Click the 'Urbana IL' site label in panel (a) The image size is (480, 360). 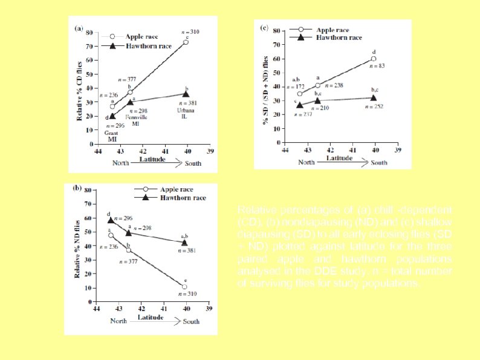[185, 113]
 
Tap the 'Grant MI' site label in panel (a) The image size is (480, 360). [112, 136]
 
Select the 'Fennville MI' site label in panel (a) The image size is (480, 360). [132, 120]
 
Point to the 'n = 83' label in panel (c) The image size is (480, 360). [374, 65]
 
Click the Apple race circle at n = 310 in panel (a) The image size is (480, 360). [186, 42]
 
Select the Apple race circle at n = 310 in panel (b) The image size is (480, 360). [184, 287]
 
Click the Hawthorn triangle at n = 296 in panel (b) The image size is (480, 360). [111, 221]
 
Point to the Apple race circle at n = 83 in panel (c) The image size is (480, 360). [374, 59]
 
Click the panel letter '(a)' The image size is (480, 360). [79, 28]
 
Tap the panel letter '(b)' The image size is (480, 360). [77, 188]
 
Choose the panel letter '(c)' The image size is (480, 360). [264, 28]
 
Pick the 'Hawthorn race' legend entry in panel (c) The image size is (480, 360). [340, 37]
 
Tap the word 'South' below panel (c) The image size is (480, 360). [379, 162]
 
